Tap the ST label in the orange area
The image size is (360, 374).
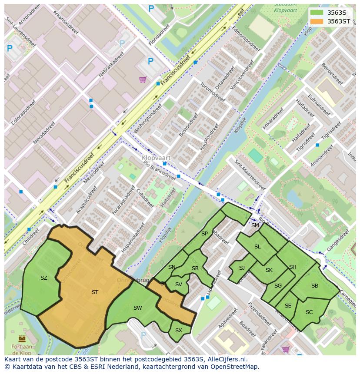(95, 292)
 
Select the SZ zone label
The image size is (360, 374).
(44, 278)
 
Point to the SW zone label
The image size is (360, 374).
(137, 308)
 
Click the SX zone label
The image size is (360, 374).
(179, 331)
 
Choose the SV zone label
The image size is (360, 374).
(179, 285)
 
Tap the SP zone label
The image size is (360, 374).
(204, 234)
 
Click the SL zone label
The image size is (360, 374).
(257, 247)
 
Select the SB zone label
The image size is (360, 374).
(315, 286)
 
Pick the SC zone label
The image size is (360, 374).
(309, 312)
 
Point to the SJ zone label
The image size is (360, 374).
(242, 268)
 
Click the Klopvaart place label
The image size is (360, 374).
(156, 158)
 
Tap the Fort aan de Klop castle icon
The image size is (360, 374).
(22, 338)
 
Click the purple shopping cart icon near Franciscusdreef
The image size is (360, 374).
(143, 79)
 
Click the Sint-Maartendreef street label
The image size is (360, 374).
(250, 175)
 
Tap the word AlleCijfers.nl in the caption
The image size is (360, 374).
(227, 359)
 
